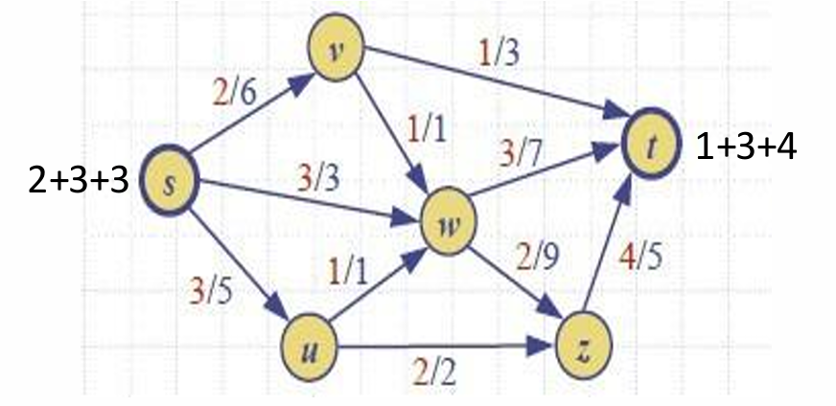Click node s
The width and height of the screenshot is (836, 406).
point(170,182)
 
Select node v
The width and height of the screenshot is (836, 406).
point(335,50)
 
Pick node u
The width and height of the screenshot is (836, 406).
point(309,347)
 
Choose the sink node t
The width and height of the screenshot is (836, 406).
point(651,146)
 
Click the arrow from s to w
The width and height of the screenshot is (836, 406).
point(307,202)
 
